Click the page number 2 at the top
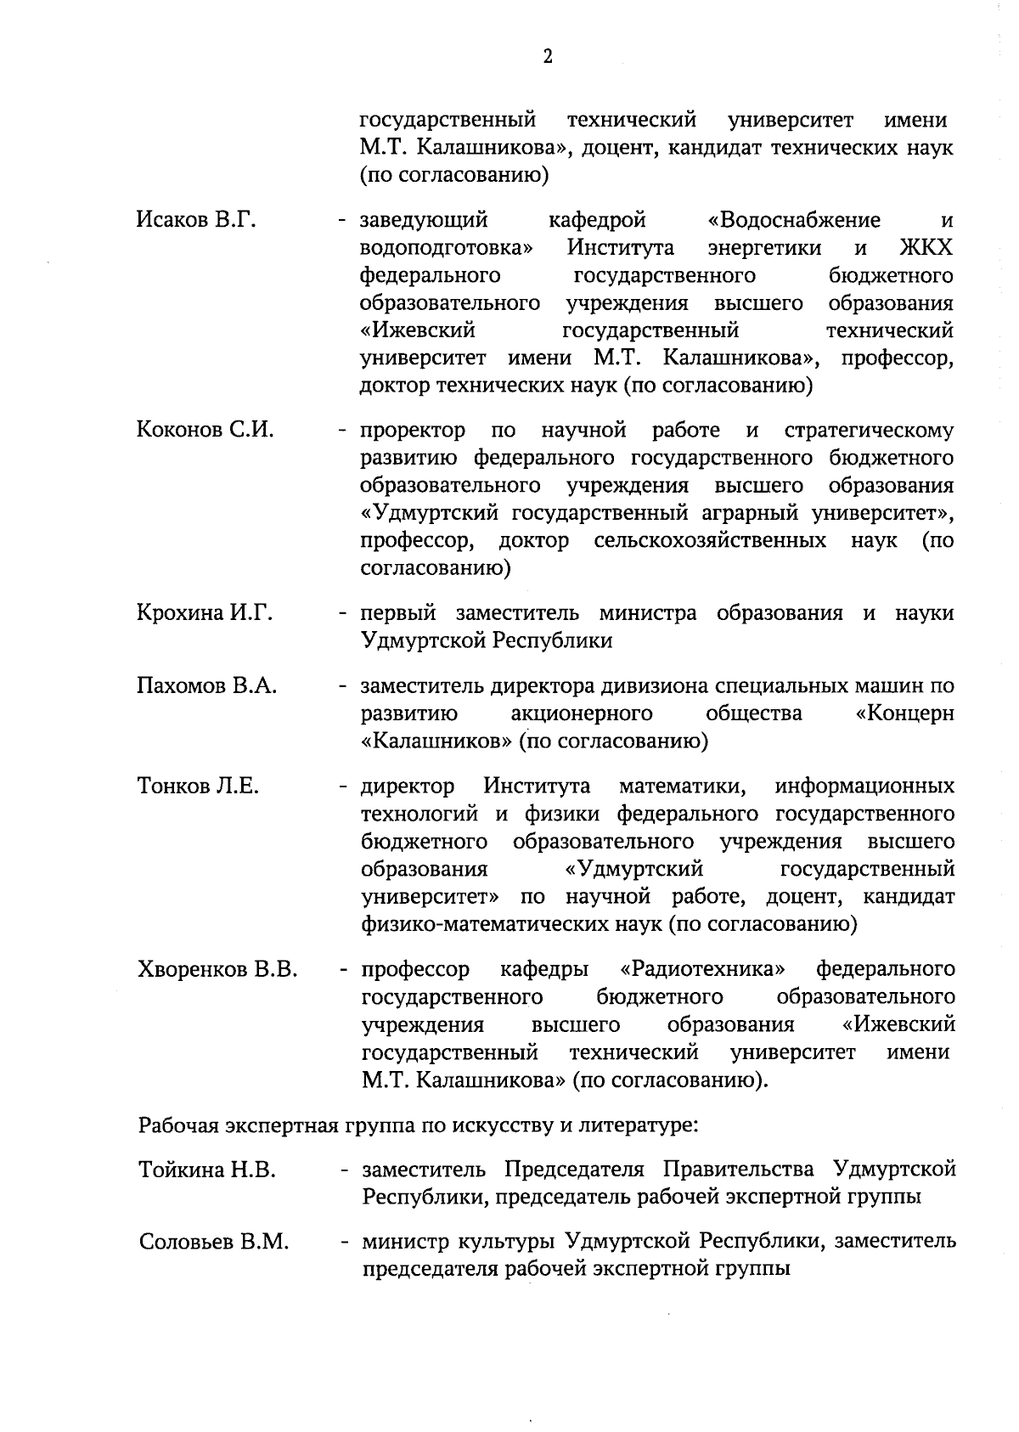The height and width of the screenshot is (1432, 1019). pos(548,57)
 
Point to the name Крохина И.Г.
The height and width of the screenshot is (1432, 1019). pos(205,613)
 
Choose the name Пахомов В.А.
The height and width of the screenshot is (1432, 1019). pos(206,685)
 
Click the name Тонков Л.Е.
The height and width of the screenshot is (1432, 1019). pos(198,786)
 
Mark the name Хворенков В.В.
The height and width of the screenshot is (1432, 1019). pos(217,970)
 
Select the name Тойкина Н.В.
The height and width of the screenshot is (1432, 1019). pos(207,1170)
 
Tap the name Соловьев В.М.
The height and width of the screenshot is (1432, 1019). pos(214,1243)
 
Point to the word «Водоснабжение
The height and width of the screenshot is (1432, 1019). pos(794,221)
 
